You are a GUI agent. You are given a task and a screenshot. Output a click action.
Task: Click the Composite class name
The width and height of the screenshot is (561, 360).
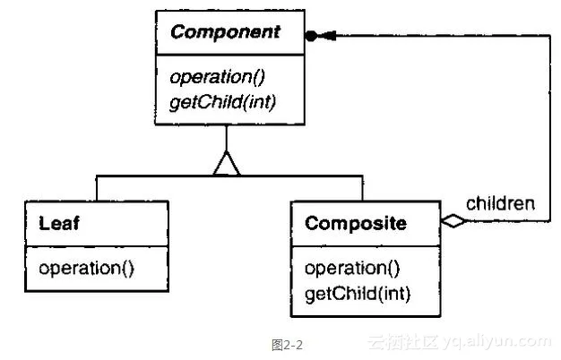[357, 223]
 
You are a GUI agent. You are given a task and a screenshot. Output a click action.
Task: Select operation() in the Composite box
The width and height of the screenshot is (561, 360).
[352, 269]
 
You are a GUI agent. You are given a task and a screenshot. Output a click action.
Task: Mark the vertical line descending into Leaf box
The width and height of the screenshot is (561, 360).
[97, 189]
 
